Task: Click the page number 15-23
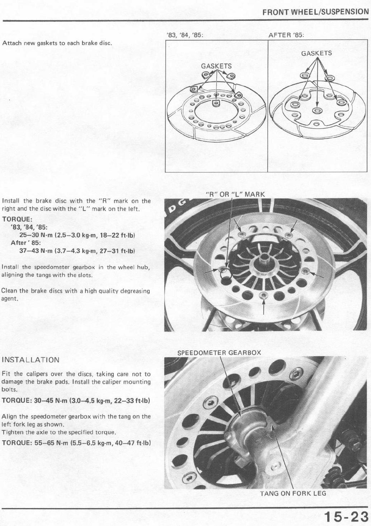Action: point(346,516)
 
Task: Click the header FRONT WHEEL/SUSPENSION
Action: point(315,12)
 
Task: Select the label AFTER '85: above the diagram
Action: point(286,35)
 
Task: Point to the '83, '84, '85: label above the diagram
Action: point(185,35)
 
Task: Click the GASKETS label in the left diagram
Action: point(216,66)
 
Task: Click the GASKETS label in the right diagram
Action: point(316,53)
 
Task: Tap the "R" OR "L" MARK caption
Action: point(235,195)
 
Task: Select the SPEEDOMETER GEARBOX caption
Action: point(219,353)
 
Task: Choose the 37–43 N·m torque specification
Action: point(77,251)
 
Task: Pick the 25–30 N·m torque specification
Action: point(77,235)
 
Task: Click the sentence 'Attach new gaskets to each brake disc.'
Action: point(56,43)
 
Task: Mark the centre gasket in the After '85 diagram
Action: point(317,110)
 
